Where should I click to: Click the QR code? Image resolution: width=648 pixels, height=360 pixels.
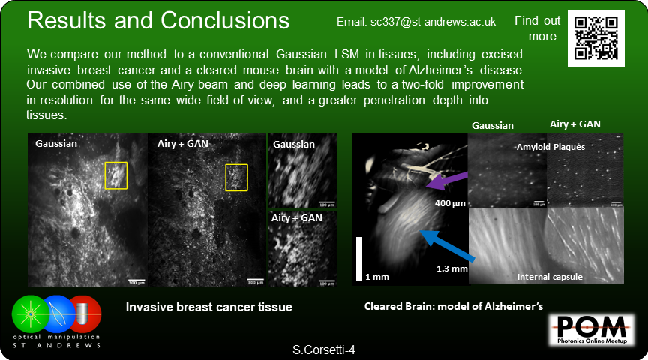point(595,38)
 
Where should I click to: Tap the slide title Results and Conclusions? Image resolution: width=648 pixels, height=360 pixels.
point(157,20)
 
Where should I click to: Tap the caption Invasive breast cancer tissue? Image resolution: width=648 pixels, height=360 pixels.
point(208,307)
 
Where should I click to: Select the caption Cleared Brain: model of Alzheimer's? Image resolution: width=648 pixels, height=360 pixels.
point(453,306)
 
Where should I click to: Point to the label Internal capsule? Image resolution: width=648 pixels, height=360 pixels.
point(550,277)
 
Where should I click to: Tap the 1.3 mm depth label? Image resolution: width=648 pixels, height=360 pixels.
point(452,268)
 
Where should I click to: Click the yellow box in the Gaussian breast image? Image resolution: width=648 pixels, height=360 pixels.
point(116,176)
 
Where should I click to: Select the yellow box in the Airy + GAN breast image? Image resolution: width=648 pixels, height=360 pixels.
point(237,178)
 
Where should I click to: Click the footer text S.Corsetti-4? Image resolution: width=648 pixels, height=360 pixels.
point(324,349)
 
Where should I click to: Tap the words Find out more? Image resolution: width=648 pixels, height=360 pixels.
point(538,28)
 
